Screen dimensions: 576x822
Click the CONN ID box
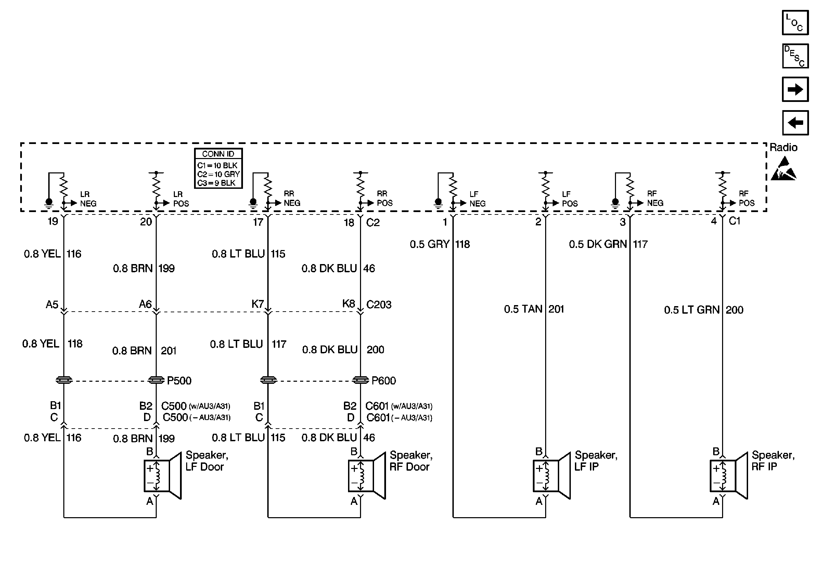[x=218, y=168]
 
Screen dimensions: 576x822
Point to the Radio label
[x=783, y=147]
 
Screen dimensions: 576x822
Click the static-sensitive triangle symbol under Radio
[x=783, y=170]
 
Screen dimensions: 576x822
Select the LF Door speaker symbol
[x=163, y=476]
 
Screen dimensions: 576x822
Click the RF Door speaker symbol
[x=367, y=476]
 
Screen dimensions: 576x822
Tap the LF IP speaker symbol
[x=551, y=476]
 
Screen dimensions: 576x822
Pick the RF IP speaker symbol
[x=729, y=476]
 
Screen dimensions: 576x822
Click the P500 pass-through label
[x=179, y=381]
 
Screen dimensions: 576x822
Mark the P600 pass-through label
[x=383, y=381]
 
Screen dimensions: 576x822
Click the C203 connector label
[x=378, y=305]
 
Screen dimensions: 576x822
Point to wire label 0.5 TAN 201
[x=534, y=309]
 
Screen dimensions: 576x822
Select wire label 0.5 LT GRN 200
[x=704, y=310]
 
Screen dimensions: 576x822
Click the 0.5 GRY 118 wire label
[x=440, y=244]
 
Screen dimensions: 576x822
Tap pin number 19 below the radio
[x=53, y=221]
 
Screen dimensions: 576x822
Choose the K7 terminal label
[x=257, y=304]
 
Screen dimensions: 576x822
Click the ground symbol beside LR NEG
[x=49, y=203]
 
